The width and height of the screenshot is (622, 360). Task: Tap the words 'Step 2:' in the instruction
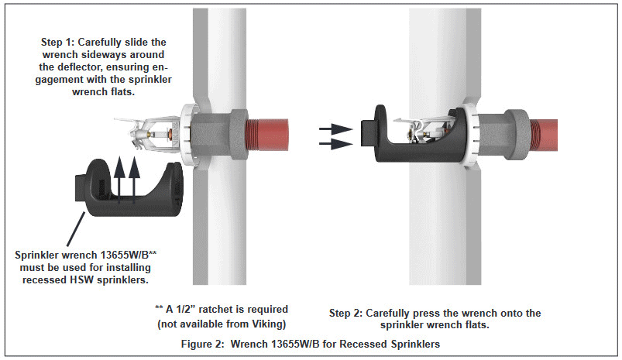[349, 313]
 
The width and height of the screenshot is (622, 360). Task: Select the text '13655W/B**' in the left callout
[138, 255]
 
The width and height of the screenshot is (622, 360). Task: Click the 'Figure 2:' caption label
[204, 342]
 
